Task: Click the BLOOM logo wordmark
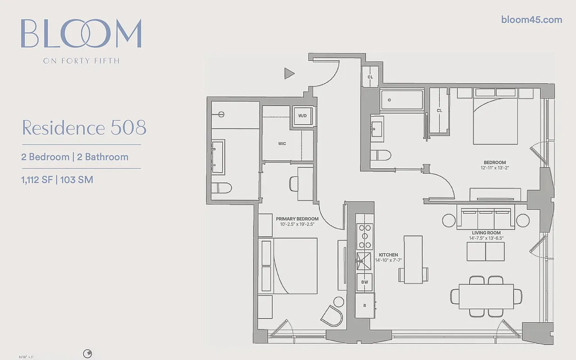pos(81,34)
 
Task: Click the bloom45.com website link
pos(531,19)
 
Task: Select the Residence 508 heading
pos(84,128)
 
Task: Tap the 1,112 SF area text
pos(36,180)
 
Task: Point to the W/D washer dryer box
pos(302,116)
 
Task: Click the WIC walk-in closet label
pos(282,144)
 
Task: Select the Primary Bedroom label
pos(297,219)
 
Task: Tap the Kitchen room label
pos(388,255)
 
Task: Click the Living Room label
pos(485,233)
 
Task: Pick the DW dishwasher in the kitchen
pos(365,282)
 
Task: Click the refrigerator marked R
pos(365,306)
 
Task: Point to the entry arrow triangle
pos(289,73)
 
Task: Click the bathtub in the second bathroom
pos(402,100)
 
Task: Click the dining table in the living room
pos(486,296)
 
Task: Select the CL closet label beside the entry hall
pos(370,77)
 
